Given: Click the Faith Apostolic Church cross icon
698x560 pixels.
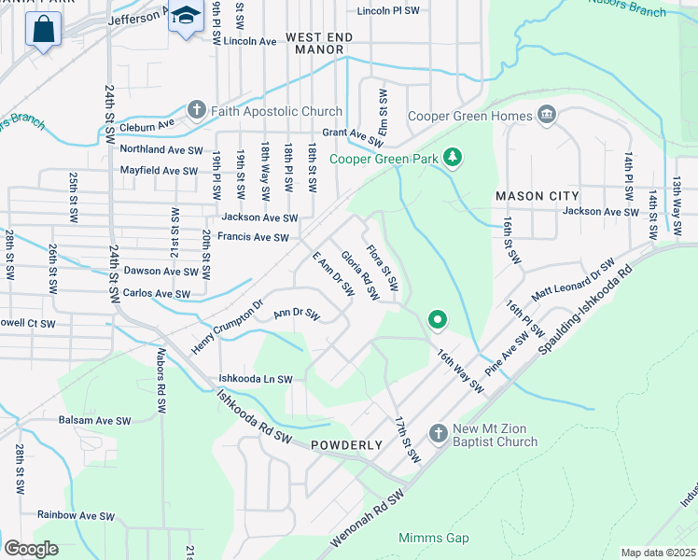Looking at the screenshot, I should coord(196,110).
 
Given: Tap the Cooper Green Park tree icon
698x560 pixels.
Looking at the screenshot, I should coord(453,156).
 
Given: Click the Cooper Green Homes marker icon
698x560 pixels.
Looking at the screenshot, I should coord(546,116).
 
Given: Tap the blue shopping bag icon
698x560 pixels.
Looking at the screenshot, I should coord(43,29).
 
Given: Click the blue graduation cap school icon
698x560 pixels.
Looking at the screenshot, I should coord(186,17).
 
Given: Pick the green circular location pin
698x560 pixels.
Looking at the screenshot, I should coord(436,320).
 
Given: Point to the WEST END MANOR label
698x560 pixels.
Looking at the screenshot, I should coord(319,43).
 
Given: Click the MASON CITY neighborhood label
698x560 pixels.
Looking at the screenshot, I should coord(537,196).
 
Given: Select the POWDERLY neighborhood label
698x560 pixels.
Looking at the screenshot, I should coord(347,445).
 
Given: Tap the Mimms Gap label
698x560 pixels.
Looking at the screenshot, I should coord(434,539).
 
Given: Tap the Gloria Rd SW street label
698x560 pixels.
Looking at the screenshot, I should coord(359,275).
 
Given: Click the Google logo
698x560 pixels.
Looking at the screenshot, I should coord(31,548).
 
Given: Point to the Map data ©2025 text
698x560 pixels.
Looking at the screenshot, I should coord(658,553).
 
